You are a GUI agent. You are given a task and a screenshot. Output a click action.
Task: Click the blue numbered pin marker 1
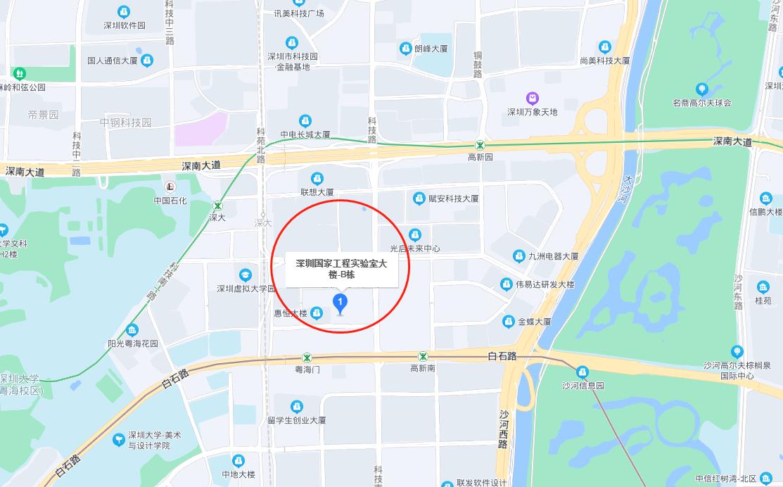(341, 304)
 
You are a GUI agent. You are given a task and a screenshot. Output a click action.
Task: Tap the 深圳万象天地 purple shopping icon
(533, 98)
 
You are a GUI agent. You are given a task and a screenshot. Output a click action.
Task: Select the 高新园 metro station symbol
(480, 145)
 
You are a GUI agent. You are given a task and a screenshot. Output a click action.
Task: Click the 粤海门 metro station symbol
(307, 357)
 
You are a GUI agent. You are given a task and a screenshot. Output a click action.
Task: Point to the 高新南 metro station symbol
(423, 357)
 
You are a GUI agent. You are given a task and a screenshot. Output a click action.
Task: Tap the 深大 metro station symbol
(218, 206)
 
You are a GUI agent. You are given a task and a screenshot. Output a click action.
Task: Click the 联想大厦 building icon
(317, 178)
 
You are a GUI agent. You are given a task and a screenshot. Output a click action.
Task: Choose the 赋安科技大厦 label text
(454, 198)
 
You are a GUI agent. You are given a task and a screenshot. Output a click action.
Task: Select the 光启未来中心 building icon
(415, 234)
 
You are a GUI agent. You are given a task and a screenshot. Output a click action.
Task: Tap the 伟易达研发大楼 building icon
(506, 284)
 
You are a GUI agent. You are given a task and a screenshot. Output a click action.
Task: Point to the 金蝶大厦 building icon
(509, 322)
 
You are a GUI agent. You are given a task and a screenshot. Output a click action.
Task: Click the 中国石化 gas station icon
(170, 186)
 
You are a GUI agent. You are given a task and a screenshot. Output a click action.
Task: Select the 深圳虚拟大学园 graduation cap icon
(246, 274)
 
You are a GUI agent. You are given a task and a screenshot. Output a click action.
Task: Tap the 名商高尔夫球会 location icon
(701, 89)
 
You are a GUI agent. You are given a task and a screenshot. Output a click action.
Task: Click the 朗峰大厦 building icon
(406, 49)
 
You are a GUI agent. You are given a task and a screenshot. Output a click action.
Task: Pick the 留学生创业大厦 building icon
(297, 406)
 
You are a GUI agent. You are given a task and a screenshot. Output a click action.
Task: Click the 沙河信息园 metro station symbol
(583, 372)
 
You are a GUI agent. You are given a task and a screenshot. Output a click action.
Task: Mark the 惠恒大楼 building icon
(317, 312)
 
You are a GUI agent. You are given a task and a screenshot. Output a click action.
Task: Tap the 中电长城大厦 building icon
(305, 120)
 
